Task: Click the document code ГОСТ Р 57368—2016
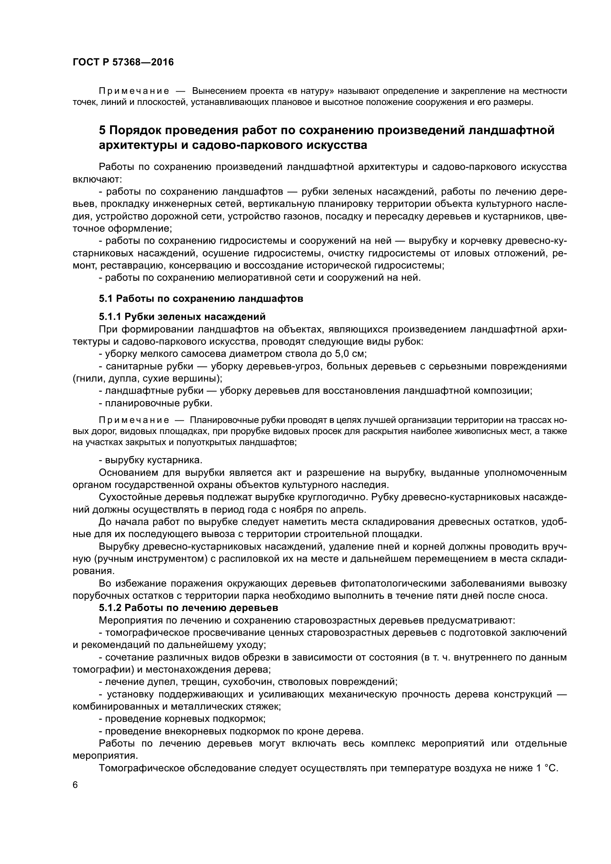tap(123, 62)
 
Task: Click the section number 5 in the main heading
tap(102, 130)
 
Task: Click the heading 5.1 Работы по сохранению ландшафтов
tap(201, 299)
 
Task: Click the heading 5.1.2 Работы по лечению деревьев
tap(188, 608)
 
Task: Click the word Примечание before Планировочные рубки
tap(133, 420)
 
